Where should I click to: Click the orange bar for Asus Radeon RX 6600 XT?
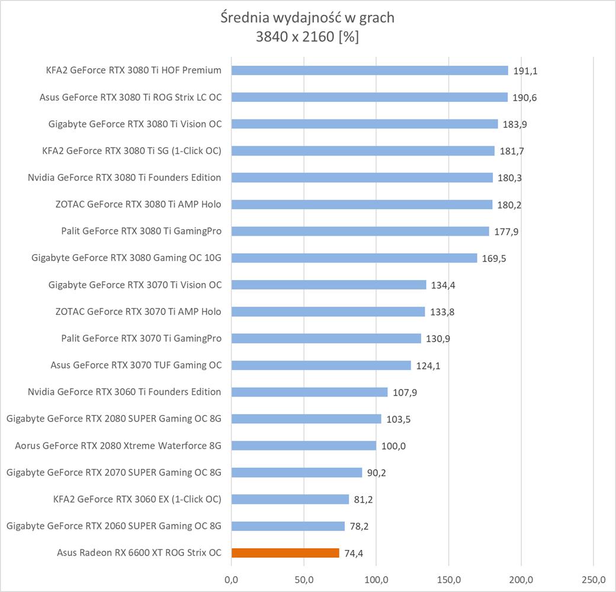[285, 553]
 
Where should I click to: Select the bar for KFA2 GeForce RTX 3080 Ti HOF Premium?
[370, 70]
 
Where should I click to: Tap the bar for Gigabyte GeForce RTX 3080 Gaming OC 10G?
[354, 258]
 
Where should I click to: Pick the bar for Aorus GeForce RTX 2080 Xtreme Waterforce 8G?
[303, 446]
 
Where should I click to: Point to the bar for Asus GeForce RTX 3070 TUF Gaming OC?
[321, 365]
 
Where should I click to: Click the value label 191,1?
[525, 71]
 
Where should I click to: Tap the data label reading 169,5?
[494, 259]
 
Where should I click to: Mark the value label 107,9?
[405, 392]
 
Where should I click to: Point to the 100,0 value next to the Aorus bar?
[393, 446]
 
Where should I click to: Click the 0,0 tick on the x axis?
[232, 578]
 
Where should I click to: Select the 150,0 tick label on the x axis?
[448, 578]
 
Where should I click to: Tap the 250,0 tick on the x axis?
[593, 578]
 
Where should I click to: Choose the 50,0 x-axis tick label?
[304, 578]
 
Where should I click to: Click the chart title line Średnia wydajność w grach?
[307, 18]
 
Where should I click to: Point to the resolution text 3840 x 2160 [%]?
[307, 37]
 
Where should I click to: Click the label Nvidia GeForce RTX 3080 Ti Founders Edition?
[124, 178]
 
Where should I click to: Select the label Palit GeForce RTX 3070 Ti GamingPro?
[141, 339]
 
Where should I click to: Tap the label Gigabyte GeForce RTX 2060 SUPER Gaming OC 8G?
[114, 526]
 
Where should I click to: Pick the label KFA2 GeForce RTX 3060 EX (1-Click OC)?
[137, 499]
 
